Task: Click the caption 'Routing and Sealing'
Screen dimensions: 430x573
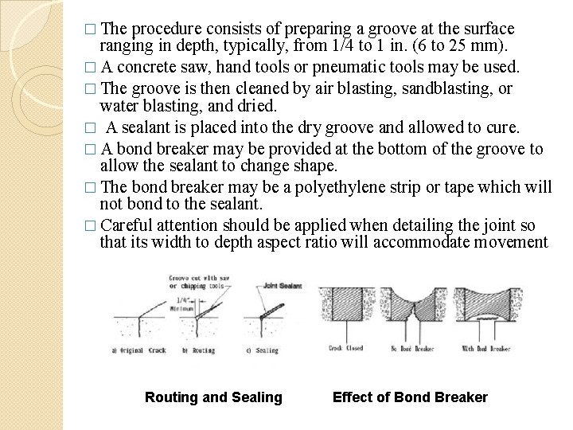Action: pyautogui.click(x=212, y=397)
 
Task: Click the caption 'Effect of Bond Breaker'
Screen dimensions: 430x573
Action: pyautogui.click(x=410, y=397)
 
